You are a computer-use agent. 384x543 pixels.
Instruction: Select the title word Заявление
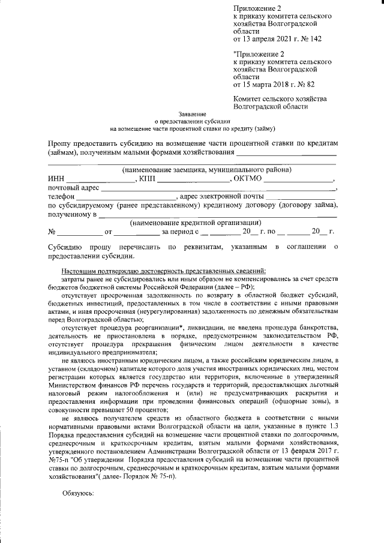[192, 114]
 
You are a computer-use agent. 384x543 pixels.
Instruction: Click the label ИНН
[55, 179]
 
